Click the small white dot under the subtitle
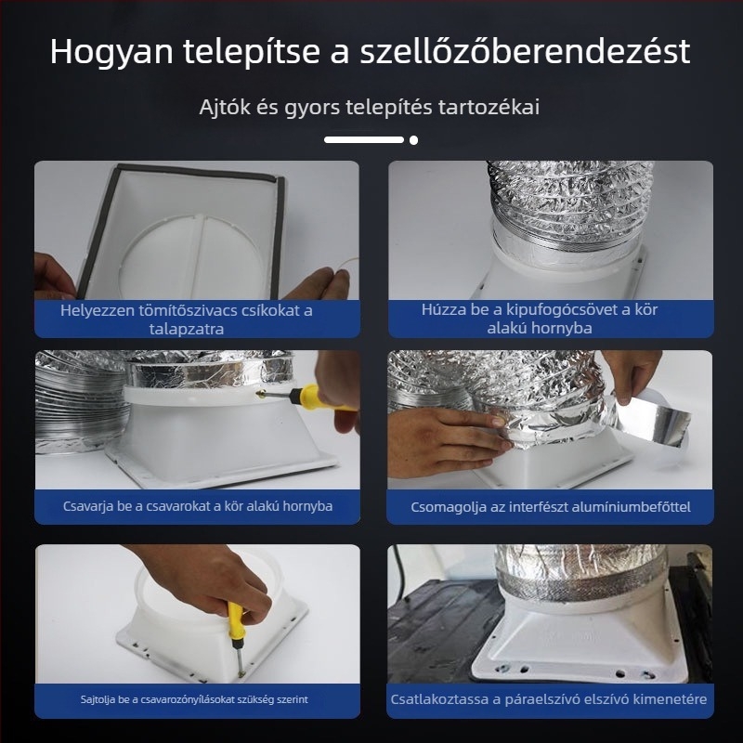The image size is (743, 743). pos(413,140)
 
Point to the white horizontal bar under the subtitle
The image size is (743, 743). pos(364,140)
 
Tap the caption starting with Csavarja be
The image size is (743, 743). pos(197,506)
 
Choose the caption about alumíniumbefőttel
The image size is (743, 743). pos(551,507)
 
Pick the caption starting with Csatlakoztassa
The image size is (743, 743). pos(551,698)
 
